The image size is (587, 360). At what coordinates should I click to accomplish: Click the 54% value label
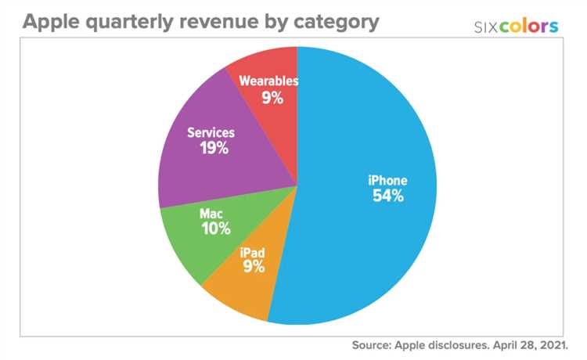(x=388, y=196)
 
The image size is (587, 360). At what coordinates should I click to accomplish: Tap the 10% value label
(x=214, y=229)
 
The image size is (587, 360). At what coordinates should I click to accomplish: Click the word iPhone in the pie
(x=388, y=180)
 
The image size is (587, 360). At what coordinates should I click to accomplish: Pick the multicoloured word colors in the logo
(x=531, y=27)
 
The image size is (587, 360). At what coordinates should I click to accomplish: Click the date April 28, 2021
(x=541, y=344)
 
